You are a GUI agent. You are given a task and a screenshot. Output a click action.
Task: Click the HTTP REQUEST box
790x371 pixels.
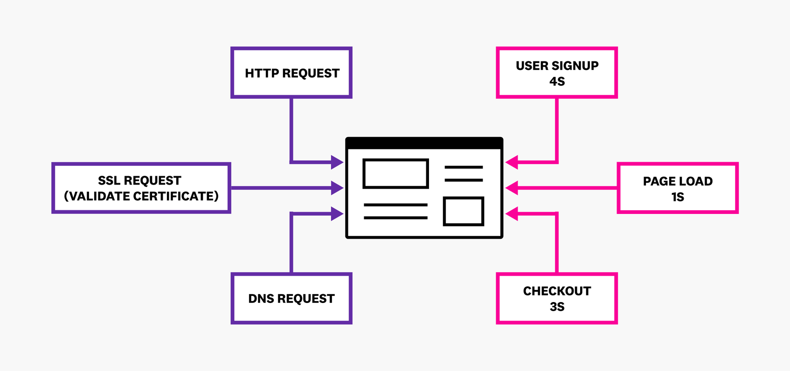click(x=291, y=73)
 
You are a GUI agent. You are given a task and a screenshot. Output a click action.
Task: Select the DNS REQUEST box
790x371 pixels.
click(x=291, y=298)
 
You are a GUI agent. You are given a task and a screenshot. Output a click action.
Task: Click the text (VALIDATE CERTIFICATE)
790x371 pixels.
click(x=141, y=196)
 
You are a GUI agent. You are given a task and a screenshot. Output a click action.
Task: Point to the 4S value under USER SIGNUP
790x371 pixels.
click(x=557, y=82)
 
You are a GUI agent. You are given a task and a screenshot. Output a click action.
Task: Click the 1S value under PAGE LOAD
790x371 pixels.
click(x=678, y=197)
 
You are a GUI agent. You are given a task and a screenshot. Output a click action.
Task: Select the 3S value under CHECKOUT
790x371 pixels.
click(x=557, y=307)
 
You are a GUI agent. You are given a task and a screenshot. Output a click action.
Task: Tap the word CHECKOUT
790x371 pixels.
click(x=557, y=291)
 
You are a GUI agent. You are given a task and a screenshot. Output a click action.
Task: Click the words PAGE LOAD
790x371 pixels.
click(x=678, y=181)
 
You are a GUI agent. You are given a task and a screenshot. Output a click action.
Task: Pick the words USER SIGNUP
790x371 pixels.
click(x=557, y=66)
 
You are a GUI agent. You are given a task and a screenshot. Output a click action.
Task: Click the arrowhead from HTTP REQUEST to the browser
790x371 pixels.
click(x=337, y=162)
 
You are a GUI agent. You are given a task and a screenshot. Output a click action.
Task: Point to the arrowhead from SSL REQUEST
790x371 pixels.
click(x=337, y=188)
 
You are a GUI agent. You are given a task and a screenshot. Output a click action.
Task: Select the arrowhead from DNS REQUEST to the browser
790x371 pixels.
click(x=337, y=214)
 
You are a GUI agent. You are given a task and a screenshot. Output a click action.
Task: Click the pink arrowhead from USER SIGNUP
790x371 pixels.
click(x=512, y=162)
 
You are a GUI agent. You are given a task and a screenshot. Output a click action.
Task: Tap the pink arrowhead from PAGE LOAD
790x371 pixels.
click(x=512, y=188)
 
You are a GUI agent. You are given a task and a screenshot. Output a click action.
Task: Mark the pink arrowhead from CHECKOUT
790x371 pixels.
click(x=512, y=214)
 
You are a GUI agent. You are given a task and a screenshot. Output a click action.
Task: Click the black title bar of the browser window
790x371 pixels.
click(x=424, y=143)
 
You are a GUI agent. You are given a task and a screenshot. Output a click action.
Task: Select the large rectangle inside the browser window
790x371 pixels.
click(x=395, y=174)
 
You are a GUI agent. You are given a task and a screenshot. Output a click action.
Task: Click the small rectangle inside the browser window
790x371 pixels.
click(x=463, y=211)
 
